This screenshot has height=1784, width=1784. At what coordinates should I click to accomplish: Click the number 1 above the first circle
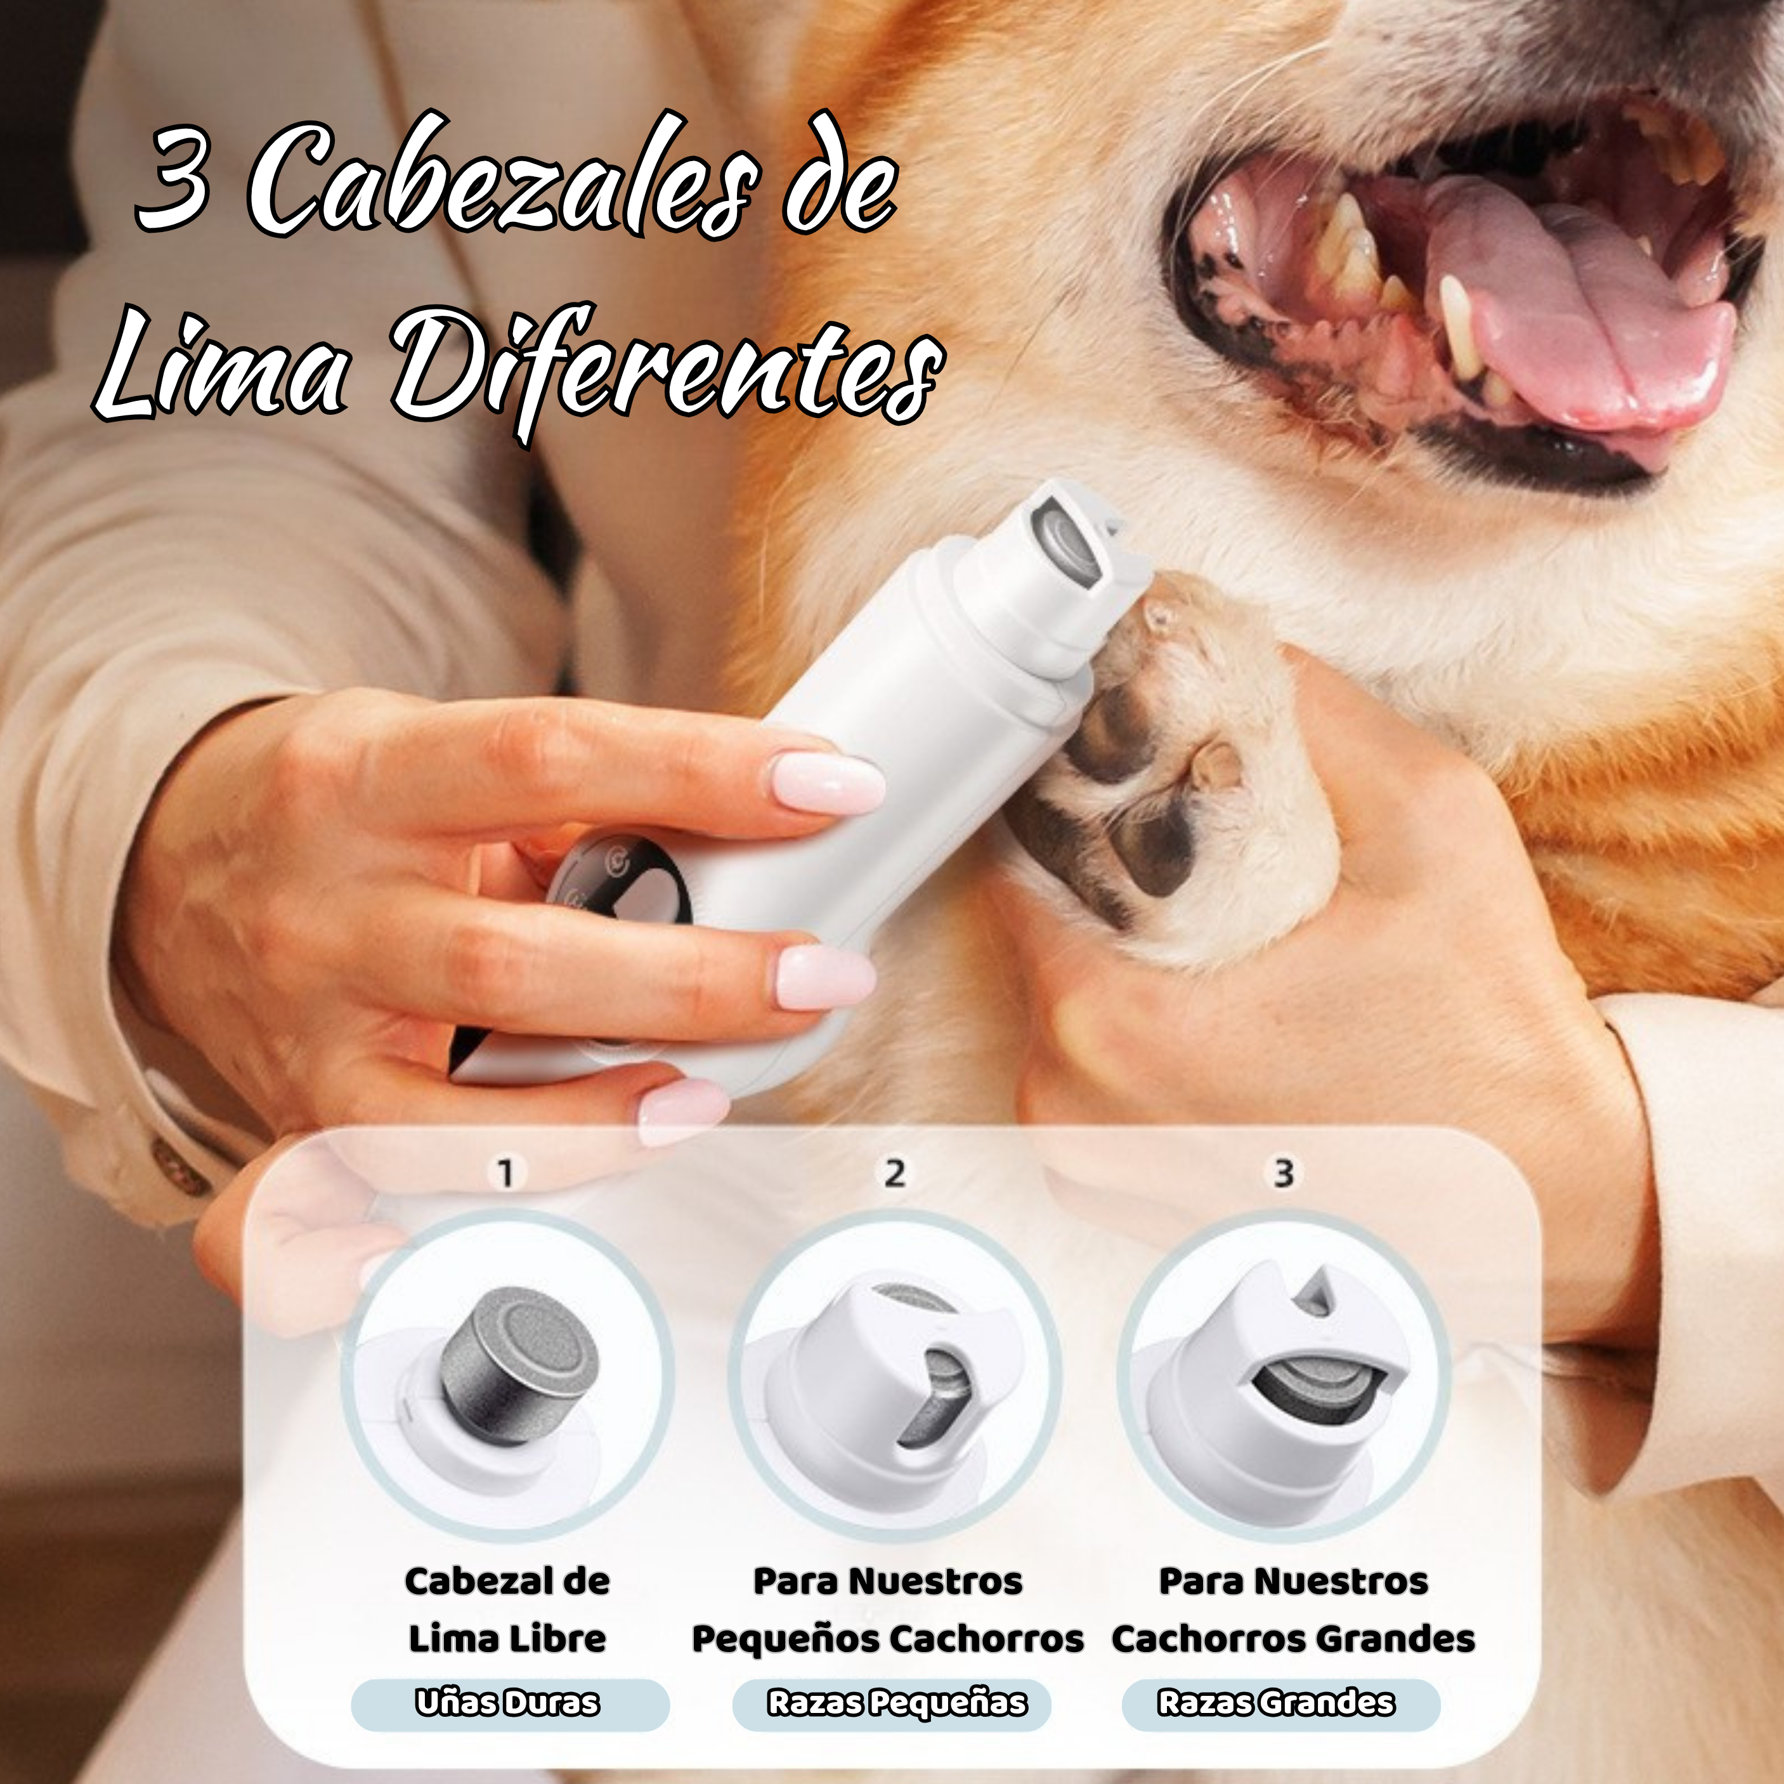(x=505, y=1174)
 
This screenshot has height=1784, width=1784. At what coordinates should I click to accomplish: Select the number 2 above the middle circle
(x=894, y=1174)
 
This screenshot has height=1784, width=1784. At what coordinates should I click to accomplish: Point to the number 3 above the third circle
(x=1284, y=1174)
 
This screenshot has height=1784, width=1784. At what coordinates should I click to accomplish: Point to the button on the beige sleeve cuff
(x=180, y=1168)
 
